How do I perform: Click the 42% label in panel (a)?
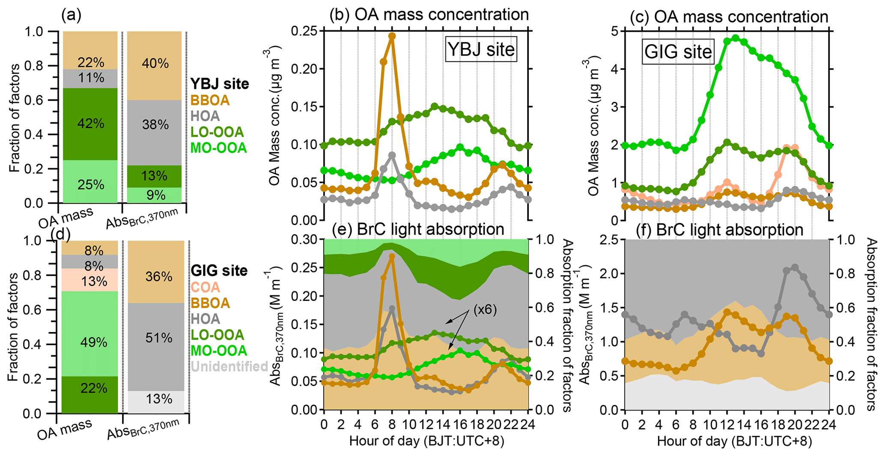click(x=91, y=123)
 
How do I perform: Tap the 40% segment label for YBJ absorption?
click(x=155, y=63)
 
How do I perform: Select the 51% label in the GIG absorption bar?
click(x=158, y=338)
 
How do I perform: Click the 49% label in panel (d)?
click(x=93, y=342)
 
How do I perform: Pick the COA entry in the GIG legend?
click(x=205, y=287)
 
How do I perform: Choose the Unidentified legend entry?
click(x=229, y=366)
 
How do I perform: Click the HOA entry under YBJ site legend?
click(x=205, y=116)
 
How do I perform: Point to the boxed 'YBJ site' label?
click(x=480, y=49)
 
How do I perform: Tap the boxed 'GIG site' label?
click(x=678, y=52)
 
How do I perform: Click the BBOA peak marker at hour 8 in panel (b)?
click(x=392, y=36)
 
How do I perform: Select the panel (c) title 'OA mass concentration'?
click(x=730, y=16)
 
